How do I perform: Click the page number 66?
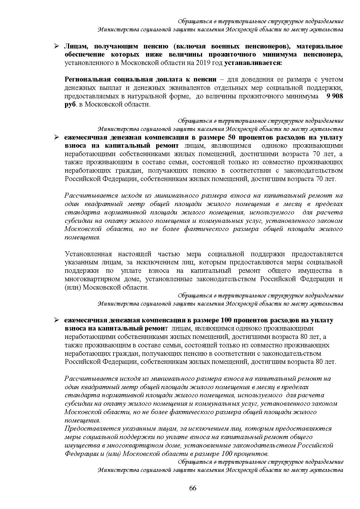193,488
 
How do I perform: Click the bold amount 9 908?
335,96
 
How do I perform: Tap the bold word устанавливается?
253,63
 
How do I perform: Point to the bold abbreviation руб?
70,104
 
